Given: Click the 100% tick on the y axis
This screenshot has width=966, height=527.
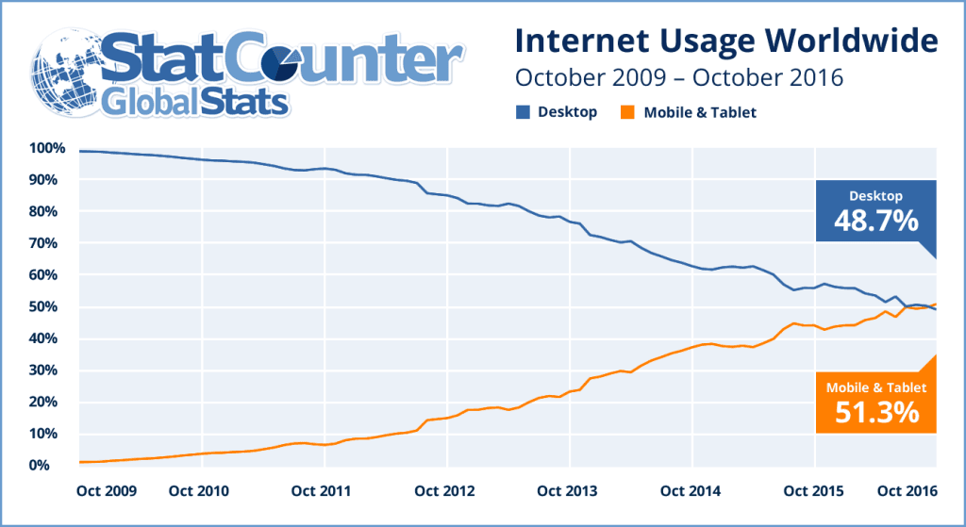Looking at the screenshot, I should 46,148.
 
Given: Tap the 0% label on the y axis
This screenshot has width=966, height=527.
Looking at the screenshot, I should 52,466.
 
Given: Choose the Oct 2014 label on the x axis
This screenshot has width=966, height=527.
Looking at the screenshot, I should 691,491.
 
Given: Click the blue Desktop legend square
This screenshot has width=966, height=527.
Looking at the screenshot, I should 522,112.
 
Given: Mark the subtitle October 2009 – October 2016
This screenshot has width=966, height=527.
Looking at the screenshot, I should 677,76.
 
